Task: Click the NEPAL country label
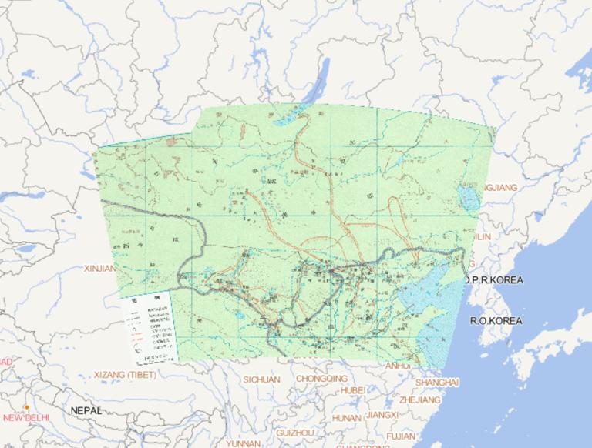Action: pos(86,411)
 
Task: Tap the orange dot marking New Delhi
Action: pos(27,407)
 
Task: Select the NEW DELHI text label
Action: pos(26,418)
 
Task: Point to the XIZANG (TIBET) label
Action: pos(124,375)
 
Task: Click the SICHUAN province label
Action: pos(261,379)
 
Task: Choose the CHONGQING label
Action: pos(321,379)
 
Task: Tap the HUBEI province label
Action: pos(353,390)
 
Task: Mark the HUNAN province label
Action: pos(346,417)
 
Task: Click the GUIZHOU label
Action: pos(294,433)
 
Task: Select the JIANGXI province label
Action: pos(382,414)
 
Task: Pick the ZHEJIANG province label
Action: pos(419,400)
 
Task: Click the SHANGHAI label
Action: pos(437,382)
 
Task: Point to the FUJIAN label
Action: pos(402,436)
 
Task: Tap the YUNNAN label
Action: pos(243,443)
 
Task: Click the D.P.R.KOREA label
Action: pos(493,279)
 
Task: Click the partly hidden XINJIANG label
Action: pos(99,269)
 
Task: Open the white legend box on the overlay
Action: pos(150,329)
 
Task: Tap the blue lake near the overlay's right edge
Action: pos(468,196)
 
